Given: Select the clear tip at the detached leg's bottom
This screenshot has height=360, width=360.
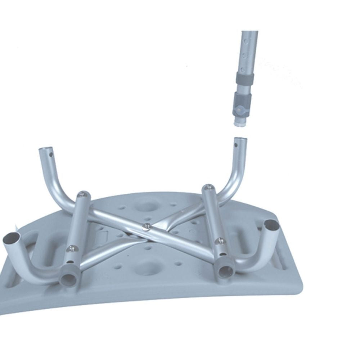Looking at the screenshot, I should click(x=239, y=121).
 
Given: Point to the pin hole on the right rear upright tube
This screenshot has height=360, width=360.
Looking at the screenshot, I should click(x=237, y=145).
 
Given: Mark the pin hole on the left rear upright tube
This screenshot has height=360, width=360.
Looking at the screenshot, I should click(x=51, y=155).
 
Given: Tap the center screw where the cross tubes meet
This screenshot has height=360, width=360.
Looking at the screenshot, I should click(x=147, y=226).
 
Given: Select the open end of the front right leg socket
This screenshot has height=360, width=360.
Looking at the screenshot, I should click(x=271, y=225).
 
